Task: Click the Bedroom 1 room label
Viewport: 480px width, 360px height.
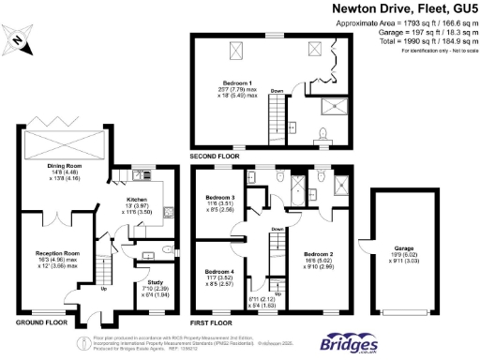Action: tap(235, 83)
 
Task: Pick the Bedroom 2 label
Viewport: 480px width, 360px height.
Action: tap(319, 254)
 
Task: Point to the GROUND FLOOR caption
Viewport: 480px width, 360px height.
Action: tap(40, 320)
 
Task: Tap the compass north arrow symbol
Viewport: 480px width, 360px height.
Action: tap(19, 40)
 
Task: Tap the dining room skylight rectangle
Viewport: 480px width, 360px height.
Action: tap(63, 146)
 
